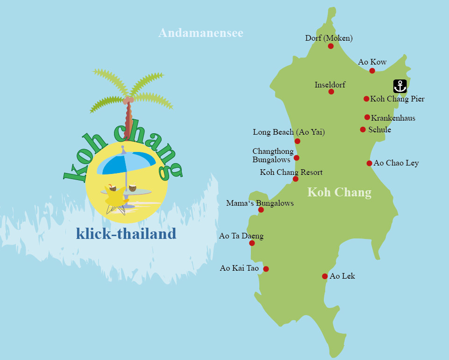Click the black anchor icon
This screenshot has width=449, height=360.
click(400, 86)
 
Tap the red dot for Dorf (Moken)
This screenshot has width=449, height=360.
click(331, 46)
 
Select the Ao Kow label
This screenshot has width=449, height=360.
click(372, 62)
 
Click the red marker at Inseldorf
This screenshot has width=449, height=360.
click(331, 92)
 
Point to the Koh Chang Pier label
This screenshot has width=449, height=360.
click(397, 99)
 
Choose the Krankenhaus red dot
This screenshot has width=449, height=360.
click(367, 117)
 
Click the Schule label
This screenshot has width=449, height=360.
click(379, 130)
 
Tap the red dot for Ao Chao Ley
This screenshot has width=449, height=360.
click(369, 163)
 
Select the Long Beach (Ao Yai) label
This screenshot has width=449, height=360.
click(289, 132)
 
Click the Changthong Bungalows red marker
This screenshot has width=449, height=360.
click(296, 158)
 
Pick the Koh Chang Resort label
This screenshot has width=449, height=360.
click(291, 172)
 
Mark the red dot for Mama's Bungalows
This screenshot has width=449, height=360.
click(261, 210)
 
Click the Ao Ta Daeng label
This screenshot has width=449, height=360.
click(241, 236)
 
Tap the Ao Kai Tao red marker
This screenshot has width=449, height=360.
click(266, 269)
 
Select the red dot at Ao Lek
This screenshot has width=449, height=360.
click(325, 276)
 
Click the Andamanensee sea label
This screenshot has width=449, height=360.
click(201, 33)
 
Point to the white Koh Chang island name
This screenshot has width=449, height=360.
click(340, 192)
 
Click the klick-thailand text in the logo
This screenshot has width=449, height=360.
click(126, 233)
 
